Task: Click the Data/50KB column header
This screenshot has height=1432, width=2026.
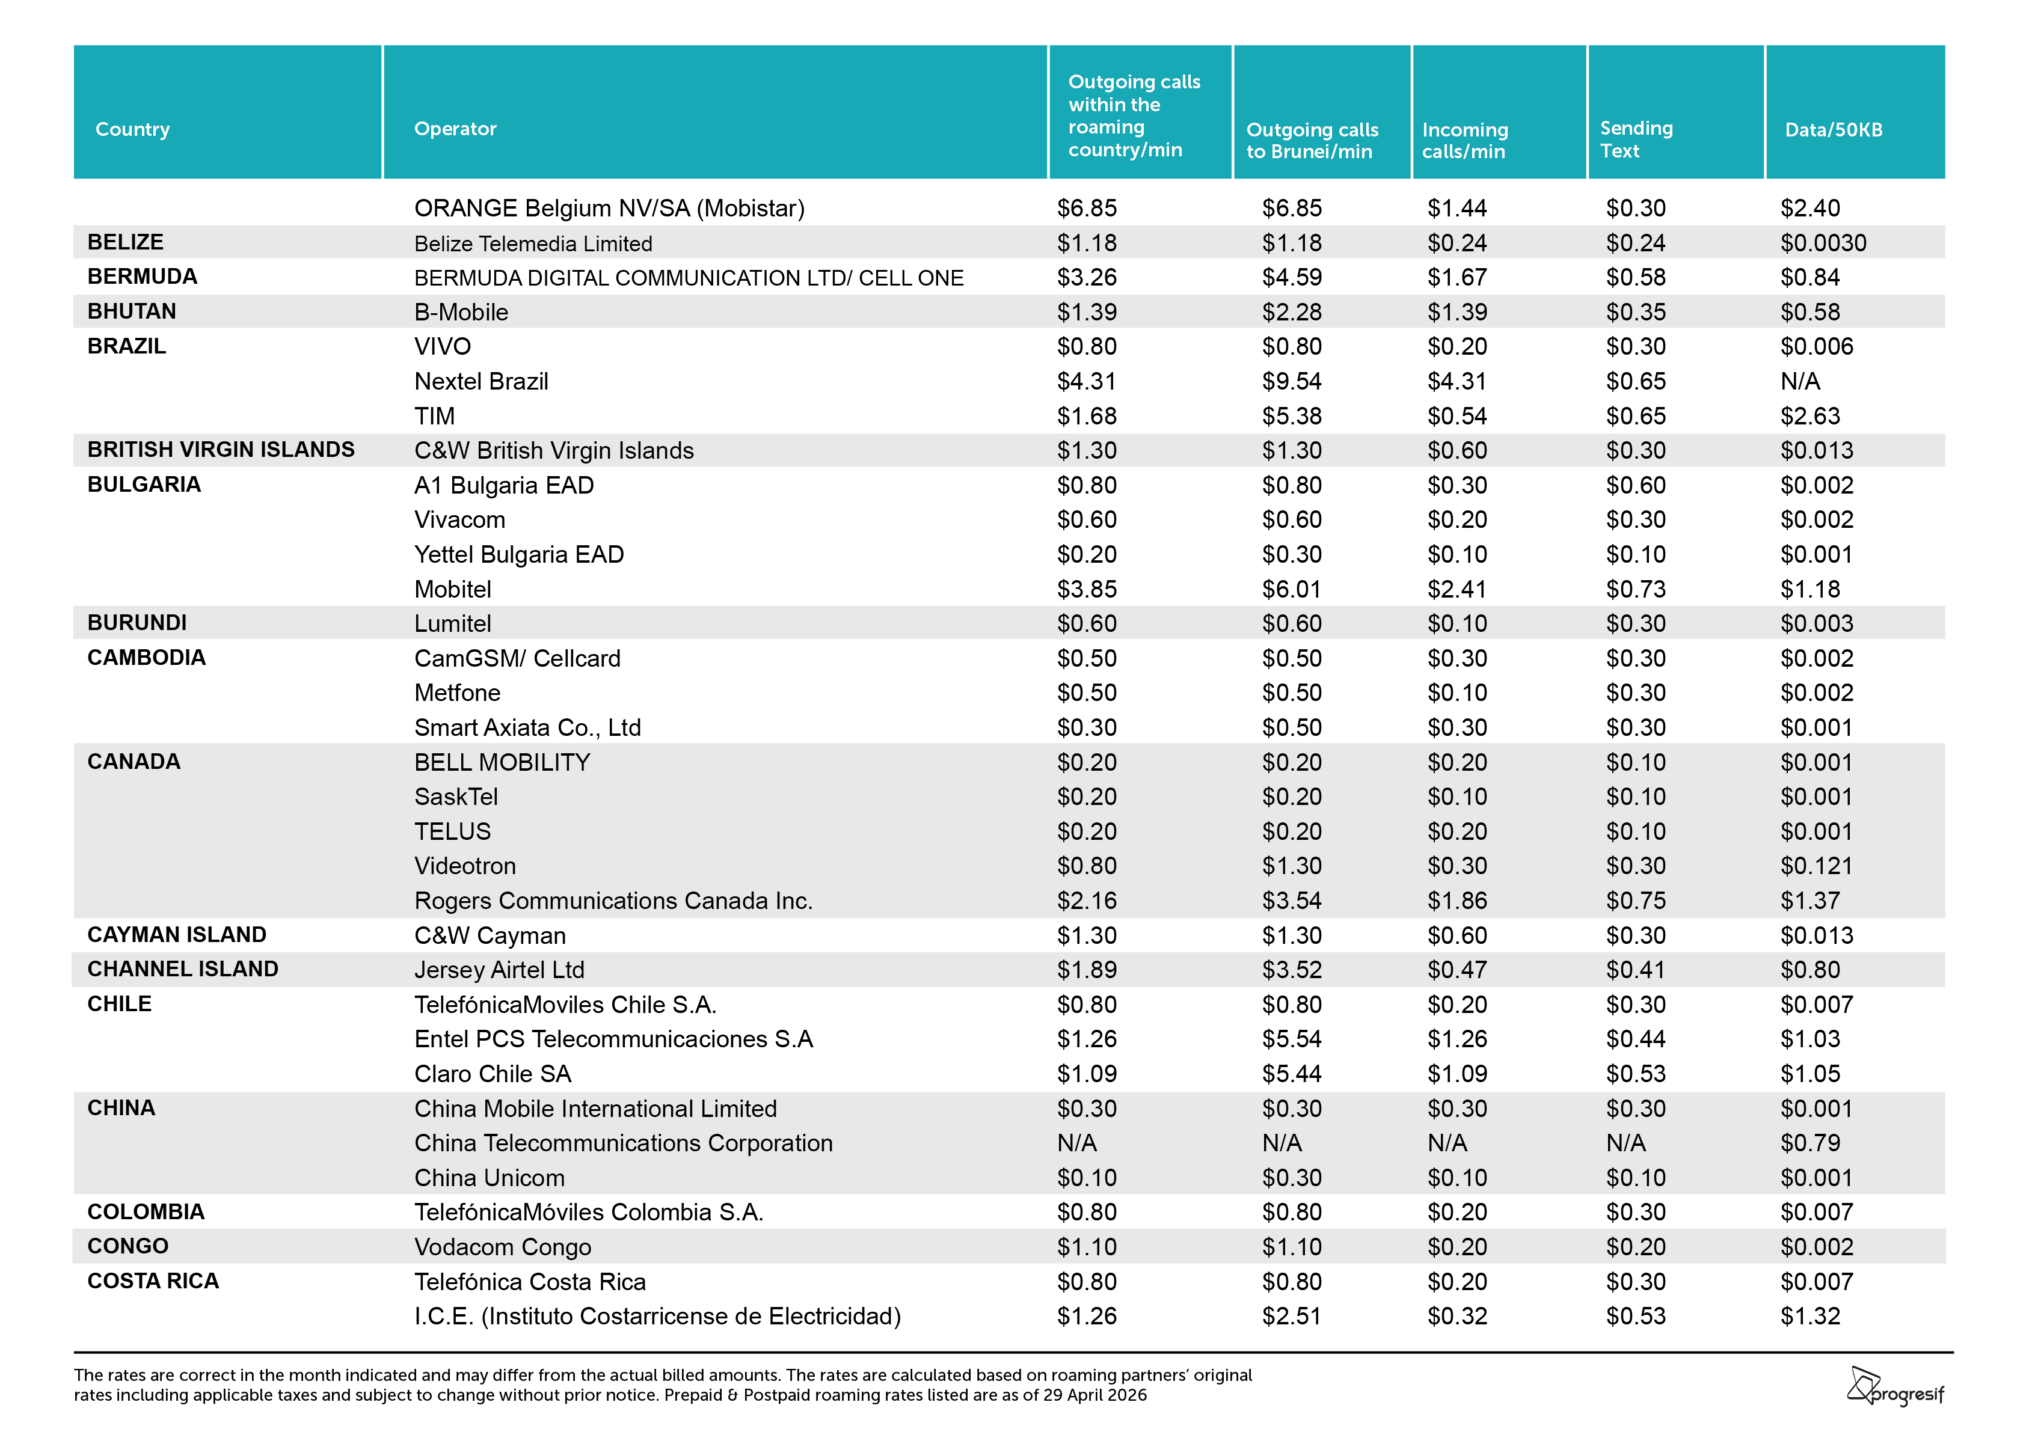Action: pos(1833,130)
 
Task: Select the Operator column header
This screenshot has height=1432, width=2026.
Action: pos(455,129)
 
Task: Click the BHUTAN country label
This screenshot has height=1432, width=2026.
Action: pos(132,311)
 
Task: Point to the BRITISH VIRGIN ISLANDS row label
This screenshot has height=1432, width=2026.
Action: pos(221,450)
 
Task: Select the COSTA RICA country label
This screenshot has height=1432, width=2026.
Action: pos(153,1281)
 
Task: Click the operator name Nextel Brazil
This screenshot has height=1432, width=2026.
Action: pos(481,381)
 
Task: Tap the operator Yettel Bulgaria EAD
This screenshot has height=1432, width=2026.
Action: pos(519,554)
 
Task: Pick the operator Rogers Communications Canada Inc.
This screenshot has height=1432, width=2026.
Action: pos(613,901)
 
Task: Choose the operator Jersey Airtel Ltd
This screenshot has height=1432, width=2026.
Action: pos(500,970)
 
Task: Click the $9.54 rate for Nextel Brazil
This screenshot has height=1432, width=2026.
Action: pos(1292,381)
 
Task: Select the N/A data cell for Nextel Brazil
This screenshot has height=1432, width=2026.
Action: pos(1800,381)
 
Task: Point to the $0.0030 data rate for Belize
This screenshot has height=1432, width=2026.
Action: pos(1823,243)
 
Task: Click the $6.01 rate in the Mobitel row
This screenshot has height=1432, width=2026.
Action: pos(1292,589)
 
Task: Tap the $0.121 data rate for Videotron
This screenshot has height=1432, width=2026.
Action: pos(1816,866)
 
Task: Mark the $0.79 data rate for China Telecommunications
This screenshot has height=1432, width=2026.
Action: pos(1810,1143)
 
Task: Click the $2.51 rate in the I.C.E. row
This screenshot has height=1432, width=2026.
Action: pos(1292,1317)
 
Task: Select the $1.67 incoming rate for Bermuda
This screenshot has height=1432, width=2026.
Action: pos(1457,278)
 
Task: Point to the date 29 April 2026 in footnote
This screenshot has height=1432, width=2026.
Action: pos(1093,1395)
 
